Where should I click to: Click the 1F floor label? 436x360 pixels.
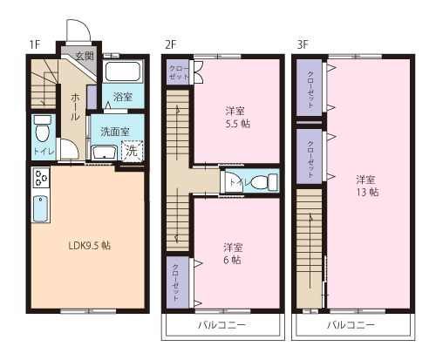click(34, 44)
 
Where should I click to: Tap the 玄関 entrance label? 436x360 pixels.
click(84, 57)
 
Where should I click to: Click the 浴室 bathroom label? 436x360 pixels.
click(123, 97)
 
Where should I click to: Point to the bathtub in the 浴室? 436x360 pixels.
click(123, 71)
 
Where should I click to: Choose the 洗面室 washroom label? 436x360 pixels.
click(114, 132)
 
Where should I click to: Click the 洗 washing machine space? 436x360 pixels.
click(131, 150)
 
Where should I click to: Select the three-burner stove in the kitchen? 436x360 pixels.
click(41, 180)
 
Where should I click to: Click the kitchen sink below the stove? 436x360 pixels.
click(40, 210)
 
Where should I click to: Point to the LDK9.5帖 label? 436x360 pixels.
click(90, 245)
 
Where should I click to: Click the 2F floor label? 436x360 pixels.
click(171, 44)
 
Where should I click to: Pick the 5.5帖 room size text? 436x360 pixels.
click(235, 124)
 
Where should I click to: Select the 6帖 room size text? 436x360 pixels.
click(232, 260)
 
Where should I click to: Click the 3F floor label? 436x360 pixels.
click(302, 44)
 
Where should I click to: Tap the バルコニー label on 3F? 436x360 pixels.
click(351, 324)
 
